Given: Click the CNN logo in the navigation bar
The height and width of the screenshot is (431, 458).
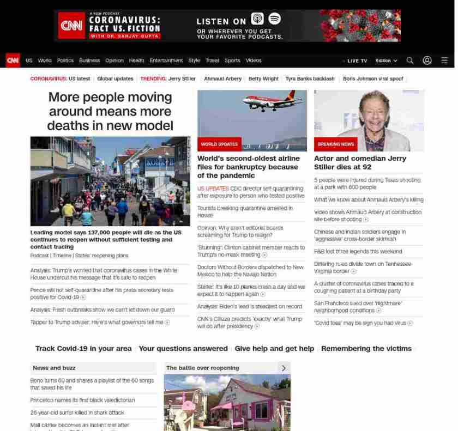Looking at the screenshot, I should pyautogui.click(x=13, y=60).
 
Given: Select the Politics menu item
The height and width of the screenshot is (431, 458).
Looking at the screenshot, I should pyautogui.click(x=65, y=60).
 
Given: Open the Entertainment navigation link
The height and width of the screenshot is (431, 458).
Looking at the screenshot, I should pyautogui.click(x=166, y=60).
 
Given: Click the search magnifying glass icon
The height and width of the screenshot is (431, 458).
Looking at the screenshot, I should pyautogui.click(x=410, y=60).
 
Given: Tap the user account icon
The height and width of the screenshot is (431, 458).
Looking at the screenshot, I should pyautogui.click(x=427, y=60).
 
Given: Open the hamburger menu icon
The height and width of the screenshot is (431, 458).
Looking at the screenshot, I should pyautogui.click(x=444, y=60).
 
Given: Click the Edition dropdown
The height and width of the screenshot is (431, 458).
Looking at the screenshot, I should pyautogui.click(x=386, y=61).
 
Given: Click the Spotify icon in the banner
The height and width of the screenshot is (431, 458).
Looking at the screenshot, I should pyautogui.click(x=274, y=19).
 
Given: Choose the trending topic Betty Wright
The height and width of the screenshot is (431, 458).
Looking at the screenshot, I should pyautogui.click(x=263, y=78).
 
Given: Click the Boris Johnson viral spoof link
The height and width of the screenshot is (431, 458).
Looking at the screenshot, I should pyautogui.click(x=373, y=78).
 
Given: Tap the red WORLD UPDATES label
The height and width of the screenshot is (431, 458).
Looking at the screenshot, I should pyautogui.click(x=219, y=144).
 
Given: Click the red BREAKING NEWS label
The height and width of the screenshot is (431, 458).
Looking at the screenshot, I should pyautogui.click(x=336, y=144).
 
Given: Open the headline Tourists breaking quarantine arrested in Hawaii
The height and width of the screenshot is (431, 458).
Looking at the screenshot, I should pyautogui.click(x=245, y=212).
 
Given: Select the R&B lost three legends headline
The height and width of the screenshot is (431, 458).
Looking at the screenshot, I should pyautogui.click(x=358, y=252).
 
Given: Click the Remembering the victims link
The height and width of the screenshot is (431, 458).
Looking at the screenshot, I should pyautogui.click(x=366, y=349).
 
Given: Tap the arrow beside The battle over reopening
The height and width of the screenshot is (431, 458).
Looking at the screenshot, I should pyautogui.click(x=284, y=368).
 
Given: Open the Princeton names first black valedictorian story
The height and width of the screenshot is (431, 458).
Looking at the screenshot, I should pyautogui.click(x=82, y=400).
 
